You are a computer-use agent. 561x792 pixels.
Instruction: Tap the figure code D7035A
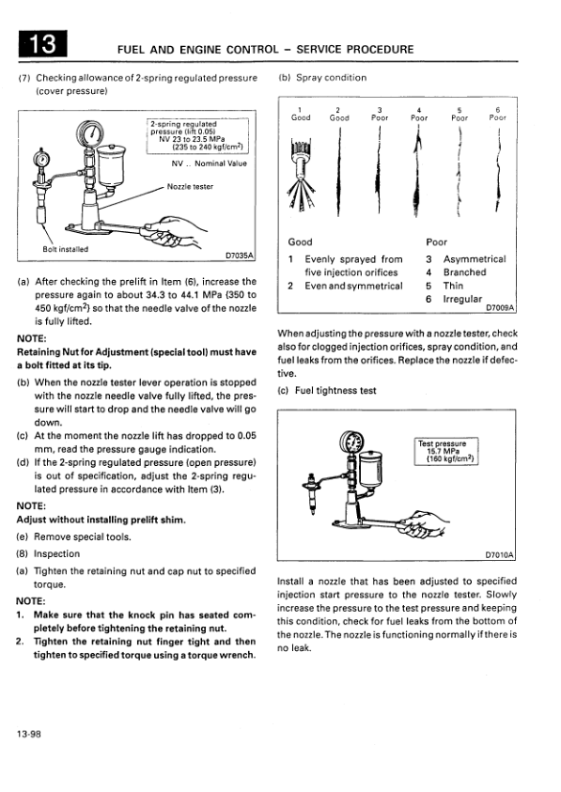tap(241, 255)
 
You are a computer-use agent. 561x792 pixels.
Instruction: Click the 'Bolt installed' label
tap(64, 249)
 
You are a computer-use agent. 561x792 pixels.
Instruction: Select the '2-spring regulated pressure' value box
tap(196, 135)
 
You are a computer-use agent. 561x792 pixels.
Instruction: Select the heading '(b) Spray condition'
tap(322, 78)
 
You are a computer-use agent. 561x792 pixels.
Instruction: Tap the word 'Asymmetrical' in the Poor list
tap(474, 259)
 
